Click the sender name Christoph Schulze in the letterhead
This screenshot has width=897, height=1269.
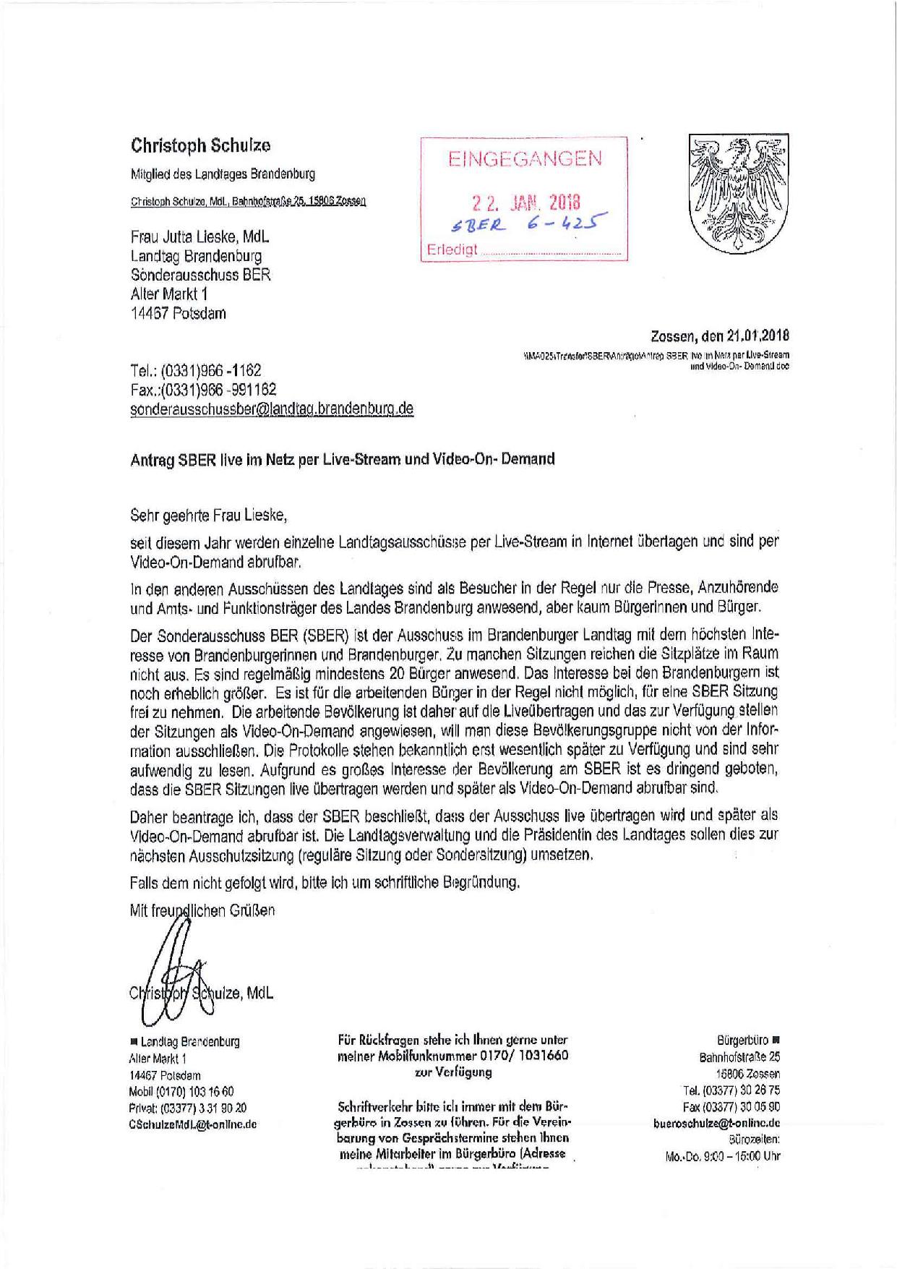tap(200, 145)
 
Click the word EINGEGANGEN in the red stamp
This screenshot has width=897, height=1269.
tap(525, 158)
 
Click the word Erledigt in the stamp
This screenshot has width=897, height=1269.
tap(452, 250)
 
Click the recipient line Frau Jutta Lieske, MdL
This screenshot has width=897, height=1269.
tap(200, 237)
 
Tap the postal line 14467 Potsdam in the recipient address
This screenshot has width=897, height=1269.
tap(178, 313)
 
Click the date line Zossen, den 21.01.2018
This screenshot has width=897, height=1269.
tap(719, 336)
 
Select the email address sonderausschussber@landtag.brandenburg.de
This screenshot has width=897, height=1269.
tap(272, 409)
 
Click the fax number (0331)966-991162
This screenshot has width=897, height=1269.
tap(203, 390)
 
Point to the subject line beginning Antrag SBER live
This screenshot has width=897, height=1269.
tap(342, 459)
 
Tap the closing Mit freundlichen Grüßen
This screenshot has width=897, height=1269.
tap(202, 910)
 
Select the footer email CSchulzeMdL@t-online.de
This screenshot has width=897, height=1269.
tap(192, 1124)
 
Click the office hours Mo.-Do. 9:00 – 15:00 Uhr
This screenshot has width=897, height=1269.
tap(722, 1156)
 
